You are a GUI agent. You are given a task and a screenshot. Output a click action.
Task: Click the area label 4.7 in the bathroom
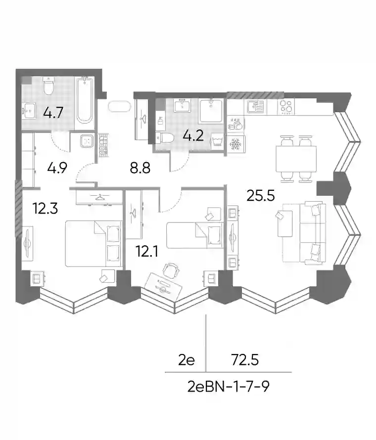53,113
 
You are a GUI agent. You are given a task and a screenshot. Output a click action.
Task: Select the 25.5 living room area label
260,195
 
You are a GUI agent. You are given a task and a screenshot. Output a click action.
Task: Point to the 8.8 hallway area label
140,168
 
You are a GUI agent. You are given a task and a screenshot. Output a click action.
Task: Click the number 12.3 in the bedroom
45,209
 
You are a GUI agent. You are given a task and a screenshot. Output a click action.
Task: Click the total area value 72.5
245,360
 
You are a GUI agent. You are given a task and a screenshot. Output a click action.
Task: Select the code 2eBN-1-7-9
228,387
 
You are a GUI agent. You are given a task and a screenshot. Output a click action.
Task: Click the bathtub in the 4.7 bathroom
85,100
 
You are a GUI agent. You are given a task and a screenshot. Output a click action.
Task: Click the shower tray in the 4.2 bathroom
211,111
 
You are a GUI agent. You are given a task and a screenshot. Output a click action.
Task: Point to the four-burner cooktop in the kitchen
286,107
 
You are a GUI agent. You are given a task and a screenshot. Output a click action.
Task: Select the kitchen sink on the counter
256,107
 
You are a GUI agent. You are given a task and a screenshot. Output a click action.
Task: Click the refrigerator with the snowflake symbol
236,144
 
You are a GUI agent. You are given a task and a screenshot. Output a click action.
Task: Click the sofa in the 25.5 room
313,233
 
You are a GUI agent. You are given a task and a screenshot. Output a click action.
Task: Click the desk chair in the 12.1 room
171,270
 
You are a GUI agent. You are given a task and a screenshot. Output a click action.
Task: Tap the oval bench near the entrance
119,106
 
